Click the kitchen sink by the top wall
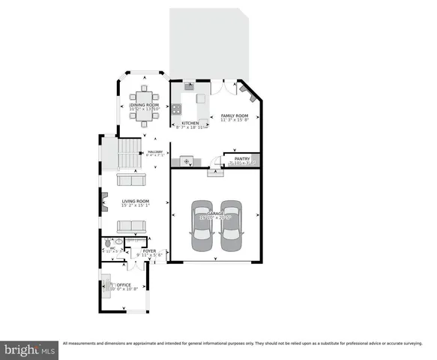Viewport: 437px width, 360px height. click(x=189, y=86)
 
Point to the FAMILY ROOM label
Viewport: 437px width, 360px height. click(x=234, y=115)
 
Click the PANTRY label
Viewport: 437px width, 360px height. click(x=241, y=158)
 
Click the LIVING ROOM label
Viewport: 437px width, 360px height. click(x=136, y=201)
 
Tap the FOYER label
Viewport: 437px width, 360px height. click(x=149, y=250)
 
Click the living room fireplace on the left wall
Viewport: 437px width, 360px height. click(x=104, y=201)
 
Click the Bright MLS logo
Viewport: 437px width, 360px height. click(x=30, y=349)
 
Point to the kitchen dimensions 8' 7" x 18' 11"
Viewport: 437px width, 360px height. click(x=190, y=127)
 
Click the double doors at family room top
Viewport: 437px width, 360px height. click(x=220, y=87)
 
